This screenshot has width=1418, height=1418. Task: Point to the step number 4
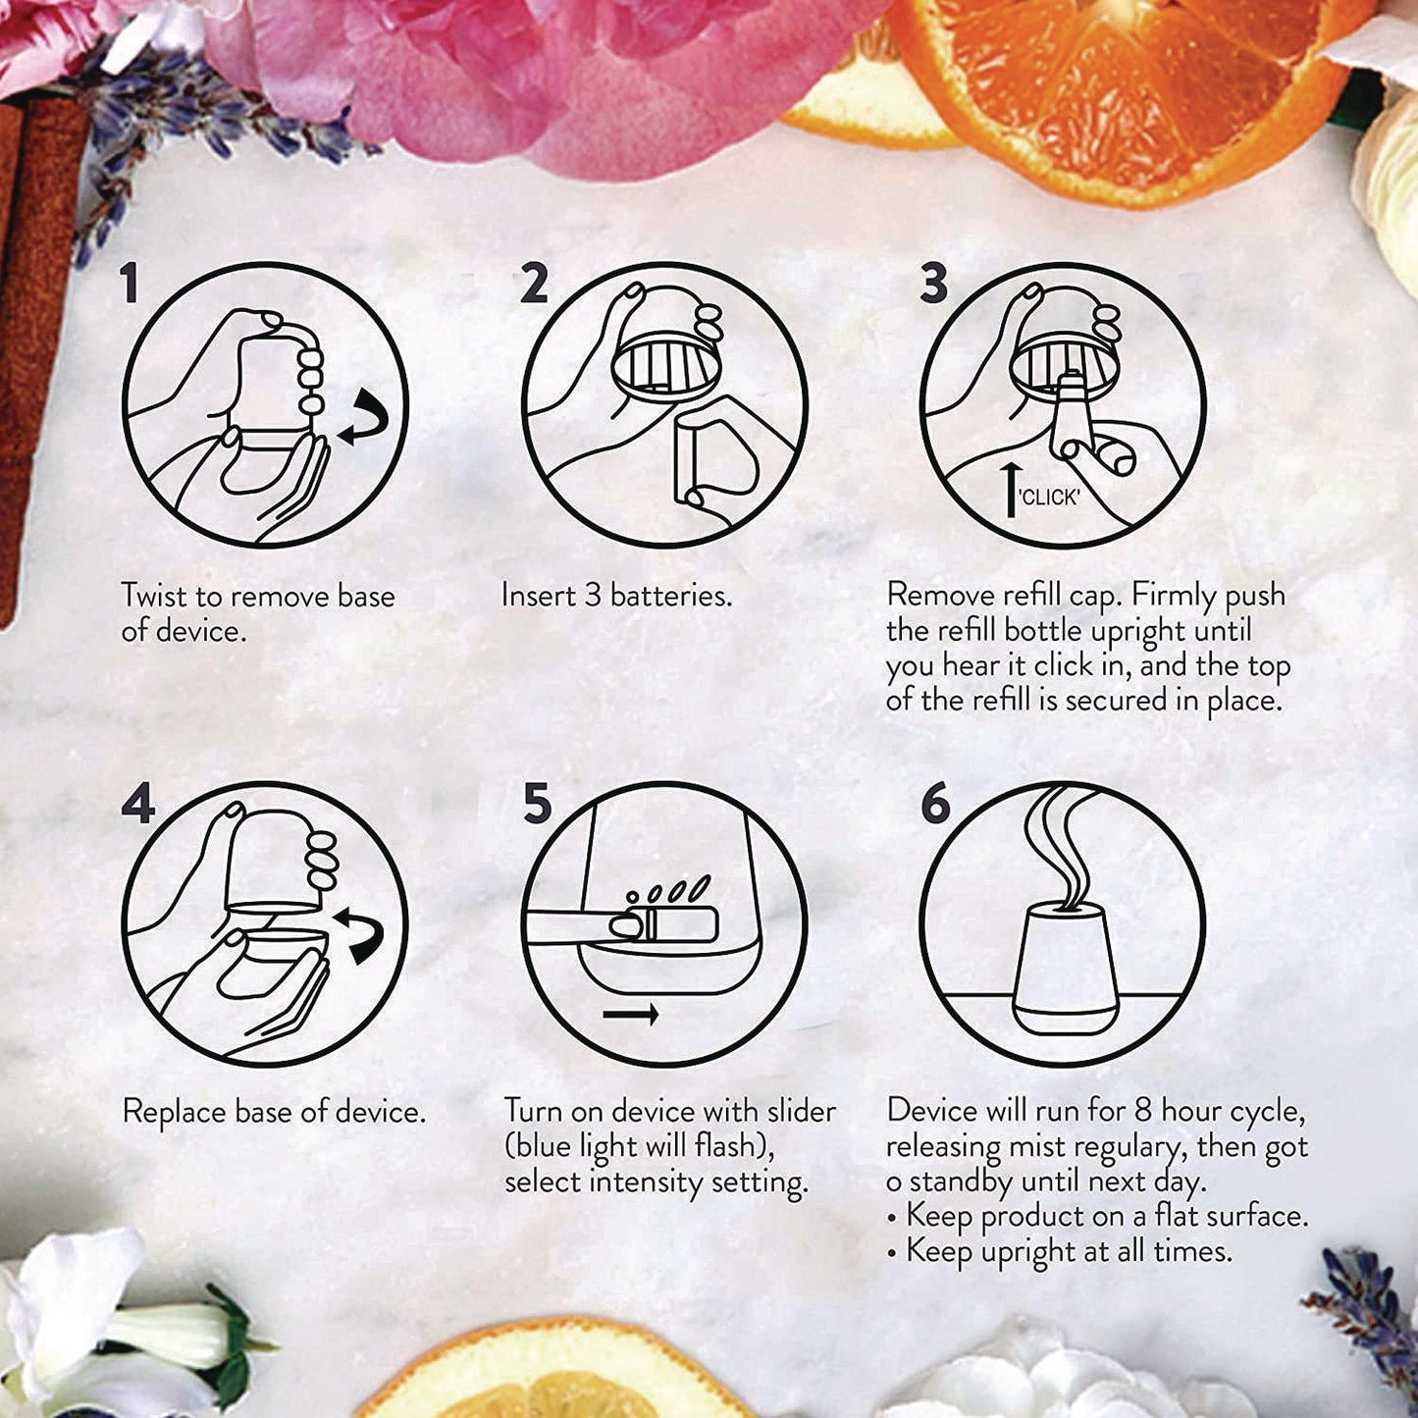pos(138,804)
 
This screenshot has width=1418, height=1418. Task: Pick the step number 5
pos(537,804)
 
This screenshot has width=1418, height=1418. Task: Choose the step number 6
pos(935,804)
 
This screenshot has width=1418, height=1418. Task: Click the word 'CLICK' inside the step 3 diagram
pos(1049,498)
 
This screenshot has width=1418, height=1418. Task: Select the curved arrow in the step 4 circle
pos(360,932)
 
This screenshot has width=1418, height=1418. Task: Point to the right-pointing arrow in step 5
pos(631,1014)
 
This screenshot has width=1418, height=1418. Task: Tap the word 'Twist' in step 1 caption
pos(155,596)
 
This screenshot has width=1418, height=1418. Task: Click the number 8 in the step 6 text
pos(1142,1111)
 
